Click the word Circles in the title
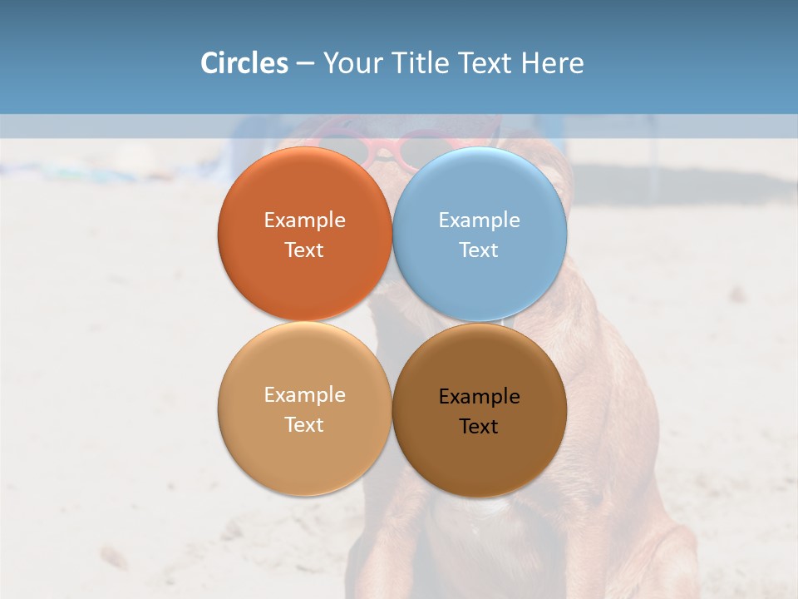244,63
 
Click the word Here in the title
553,63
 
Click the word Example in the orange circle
304,220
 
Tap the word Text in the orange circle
304,250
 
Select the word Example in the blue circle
479,220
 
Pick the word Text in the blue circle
479,250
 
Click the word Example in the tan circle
304,395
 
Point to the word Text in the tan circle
304,425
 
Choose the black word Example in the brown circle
479,397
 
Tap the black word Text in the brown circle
479,427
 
